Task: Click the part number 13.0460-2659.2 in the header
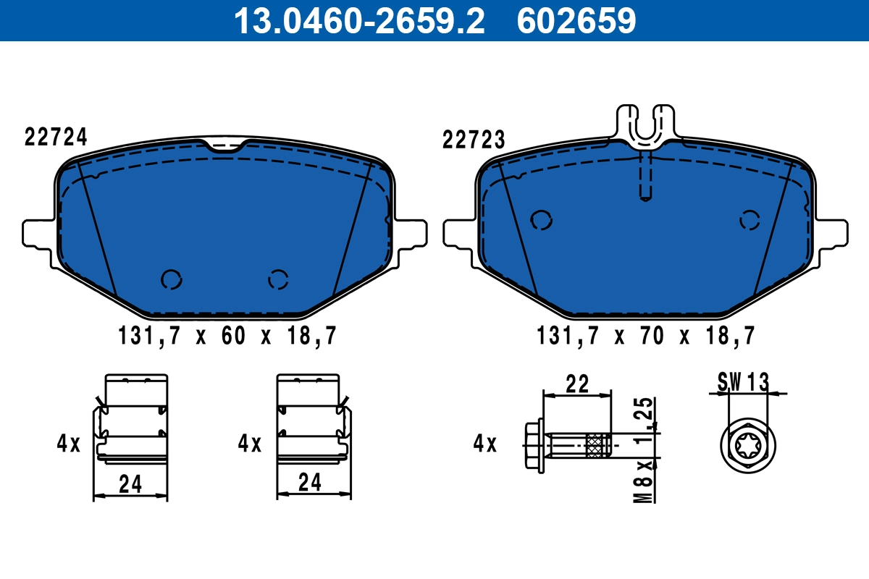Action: click(358, 20)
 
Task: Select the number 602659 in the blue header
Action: click(576, 20)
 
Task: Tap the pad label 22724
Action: click(56, 137)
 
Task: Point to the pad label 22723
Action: click(474, 140)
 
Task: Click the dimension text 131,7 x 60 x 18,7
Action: click(227, 336)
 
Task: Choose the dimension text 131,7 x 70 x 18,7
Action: click(646, 336)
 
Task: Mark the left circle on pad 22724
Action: click(172, 279)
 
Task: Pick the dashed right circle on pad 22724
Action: click(278, 279)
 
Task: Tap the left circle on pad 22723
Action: click(540, 219)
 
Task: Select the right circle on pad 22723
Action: click(750, 219)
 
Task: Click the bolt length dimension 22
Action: click(577, 384)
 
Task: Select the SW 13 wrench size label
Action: click(742, 381)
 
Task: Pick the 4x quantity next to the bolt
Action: click(485, 443)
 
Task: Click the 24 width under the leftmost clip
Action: click(130, 484)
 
